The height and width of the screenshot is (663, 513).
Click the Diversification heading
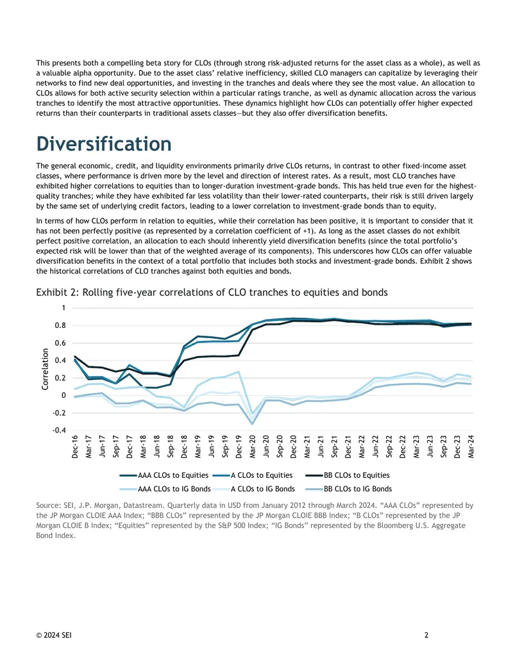pyautogui.click(x=104, y=143)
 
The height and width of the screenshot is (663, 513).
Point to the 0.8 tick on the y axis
pyautogui.click(x=60, y=325)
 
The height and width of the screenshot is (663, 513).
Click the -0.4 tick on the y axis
pyautogui.click(x=59, y=430)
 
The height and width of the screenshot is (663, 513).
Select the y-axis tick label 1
pyautogui.click(x=63, y=308)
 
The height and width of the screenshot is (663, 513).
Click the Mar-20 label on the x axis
pyautogui.click(x=253, y=446)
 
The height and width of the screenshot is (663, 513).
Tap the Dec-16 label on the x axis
pyautogui.click(x=75, y=446)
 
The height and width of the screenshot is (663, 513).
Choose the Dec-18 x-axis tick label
pyautogui.click(x=184, y=446)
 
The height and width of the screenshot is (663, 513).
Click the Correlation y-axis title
pyautogui.click(x=45, y=369)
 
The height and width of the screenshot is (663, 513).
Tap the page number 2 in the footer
pyautogui.click(x=426, y=635)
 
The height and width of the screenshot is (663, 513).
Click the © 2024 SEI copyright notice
pyautogui.click(x=54, y=635)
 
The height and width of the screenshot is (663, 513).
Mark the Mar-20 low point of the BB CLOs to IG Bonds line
pyautogui.click(x=253, y=423)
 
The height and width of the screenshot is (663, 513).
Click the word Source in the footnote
pyautogui.click(x=48, y=505)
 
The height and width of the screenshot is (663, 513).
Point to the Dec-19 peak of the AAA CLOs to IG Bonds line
pyautogui.click(x=239, y=372)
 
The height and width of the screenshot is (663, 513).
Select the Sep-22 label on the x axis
pyautogui.click(x=389, y=446)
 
